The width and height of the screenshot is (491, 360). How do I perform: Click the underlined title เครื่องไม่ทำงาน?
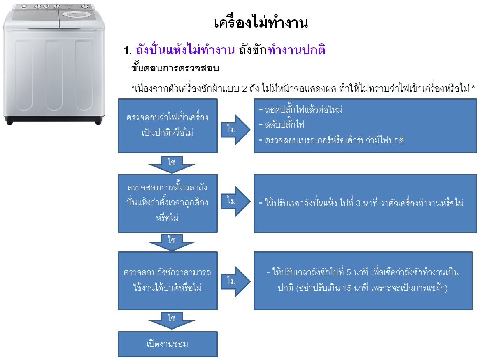(x=261, y=23)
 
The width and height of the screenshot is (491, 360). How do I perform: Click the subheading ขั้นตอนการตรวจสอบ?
(x=175, y=67)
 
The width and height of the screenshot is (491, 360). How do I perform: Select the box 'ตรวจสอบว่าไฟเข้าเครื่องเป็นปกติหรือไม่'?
(x=168, y=125)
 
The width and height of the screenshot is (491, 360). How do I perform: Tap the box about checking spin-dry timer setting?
(x=168, y=203)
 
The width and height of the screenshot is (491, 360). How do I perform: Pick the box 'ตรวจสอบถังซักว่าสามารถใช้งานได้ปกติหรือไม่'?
(x=168, y=281)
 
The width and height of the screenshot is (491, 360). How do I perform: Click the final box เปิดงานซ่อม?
(x=168, y=344)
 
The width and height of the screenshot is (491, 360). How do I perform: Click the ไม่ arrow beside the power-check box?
(x=235, y=129)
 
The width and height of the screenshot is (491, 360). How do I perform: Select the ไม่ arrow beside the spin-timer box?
(x=235, y=201)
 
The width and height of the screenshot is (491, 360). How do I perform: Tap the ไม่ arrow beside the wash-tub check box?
(x=235, y=281)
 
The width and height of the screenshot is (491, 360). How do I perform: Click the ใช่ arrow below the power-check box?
(x=172, y=164)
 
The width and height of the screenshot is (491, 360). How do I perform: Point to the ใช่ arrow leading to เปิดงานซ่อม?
(x=172, y=320)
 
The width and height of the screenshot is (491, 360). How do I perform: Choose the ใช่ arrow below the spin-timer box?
(x=172, y=242)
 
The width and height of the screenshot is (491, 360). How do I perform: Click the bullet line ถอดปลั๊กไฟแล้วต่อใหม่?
(x=300, y=109)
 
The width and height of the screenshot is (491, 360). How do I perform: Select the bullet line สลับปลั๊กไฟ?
(x=282, y=125)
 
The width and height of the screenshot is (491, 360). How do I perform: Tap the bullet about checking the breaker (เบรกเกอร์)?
(x=331, y=139)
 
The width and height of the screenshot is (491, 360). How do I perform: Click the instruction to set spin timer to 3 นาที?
(x=361, y=203)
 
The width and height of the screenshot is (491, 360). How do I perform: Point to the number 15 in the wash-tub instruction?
(x=347, y=288)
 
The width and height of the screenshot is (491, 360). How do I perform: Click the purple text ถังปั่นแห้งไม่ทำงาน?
(x=185, y=50)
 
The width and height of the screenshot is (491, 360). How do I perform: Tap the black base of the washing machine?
(x=54, y=120)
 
